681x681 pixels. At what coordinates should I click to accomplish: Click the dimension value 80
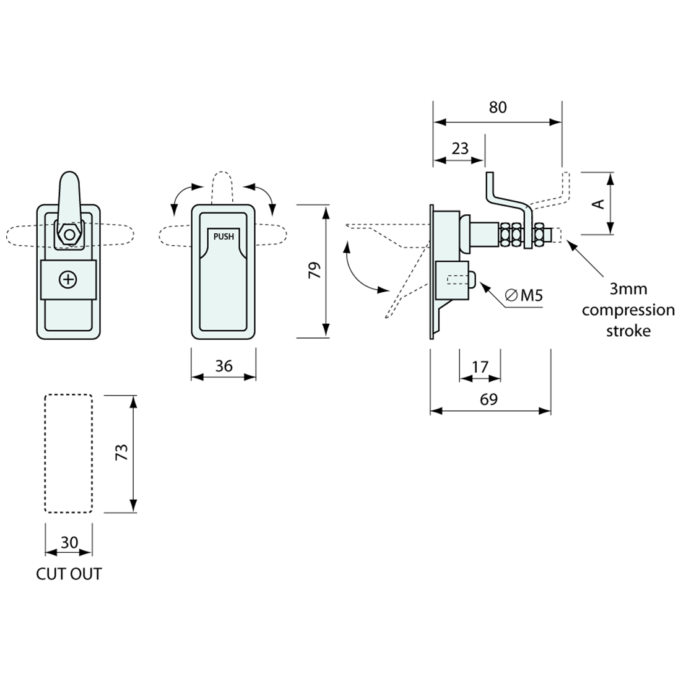click(497, 107)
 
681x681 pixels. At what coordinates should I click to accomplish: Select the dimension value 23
click(460, 149)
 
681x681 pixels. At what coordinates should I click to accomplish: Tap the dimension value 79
click(315, 270)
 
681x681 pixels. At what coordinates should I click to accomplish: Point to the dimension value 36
click(223, 366)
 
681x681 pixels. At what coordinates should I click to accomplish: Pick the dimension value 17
click(480, 367)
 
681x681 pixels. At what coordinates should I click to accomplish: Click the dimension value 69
click(488, 399)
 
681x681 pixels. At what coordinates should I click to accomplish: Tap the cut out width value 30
click(69, 542)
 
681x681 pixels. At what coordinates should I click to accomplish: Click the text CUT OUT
click(69, 574)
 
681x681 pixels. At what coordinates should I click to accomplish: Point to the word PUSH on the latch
click(223, 236)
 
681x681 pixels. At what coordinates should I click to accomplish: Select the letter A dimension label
click(598, 204)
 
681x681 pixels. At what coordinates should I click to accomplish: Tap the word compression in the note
click(628, 310)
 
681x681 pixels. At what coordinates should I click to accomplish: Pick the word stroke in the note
click(628, 331)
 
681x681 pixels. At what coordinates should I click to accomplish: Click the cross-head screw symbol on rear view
click(68, 280)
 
